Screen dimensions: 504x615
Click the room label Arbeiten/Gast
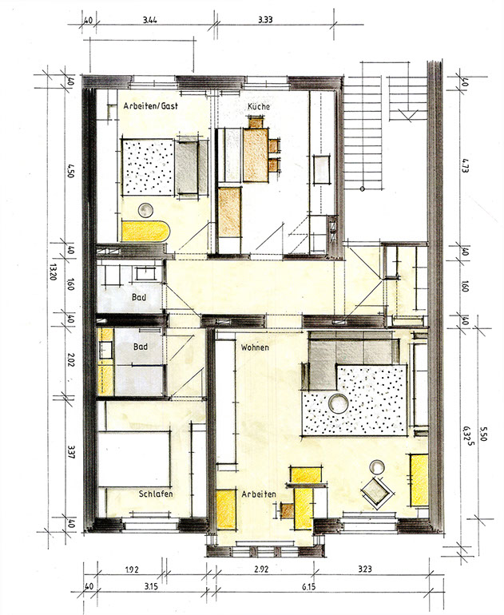[151, 106]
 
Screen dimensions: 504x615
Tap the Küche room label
[259, 106]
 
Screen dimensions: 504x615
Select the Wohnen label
[255, 347]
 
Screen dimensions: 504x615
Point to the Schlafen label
[156, 494]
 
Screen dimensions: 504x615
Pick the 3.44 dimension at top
[150, 20]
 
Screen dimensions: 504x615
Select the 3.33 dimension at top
[265, 20]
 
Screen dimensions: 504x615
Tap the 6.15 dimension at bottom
[309, 587]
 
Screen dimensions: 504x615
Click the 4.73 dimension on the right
[466, 166]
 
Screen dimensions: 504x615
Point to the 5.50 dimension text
[483, 434]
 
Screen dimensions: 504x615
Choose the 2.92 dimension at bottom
[261, 569]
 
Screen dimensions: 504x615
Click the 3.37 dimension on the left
[71, 452]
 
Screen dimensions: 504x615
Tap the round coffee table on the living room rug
[338, 403]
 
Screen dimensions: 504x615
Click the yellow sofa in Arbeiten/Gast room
[146, 232]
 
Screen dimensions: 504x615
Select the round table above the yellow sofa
[145, 211]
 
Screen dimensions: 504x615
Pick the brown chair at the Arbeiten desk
[288, 510]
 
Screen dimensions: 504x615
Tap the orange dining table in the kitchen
[256, 155]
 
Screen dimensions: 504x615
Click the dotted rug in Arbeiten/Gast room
[148, 167]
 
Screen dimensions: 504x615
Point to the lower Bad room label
[141, 347]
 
